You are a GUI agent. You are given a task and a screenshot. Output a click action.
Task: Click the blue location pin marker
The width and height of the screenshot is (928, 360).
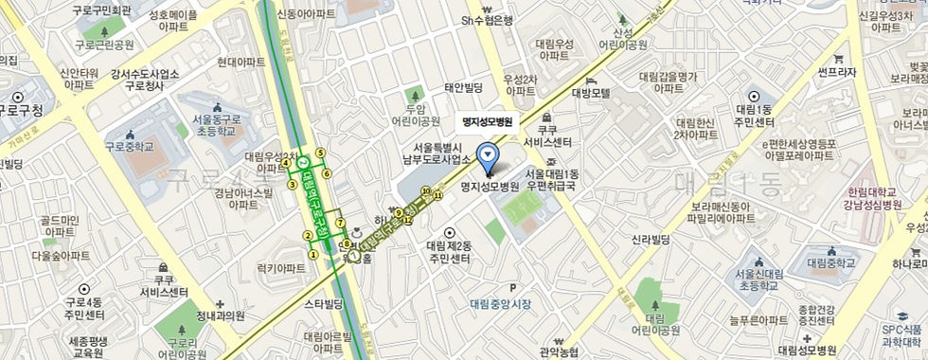pyautogui.click(x=489, y=153)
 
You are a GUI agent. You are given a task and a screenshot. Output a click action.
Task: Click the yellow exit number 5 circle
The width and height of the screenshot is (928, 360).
pyautogui.click(x=320, y=153)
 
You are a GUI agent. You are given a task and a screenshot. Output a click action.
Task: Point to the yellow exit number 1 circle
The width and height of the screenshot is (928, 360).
pyautogui.click(x=313, y=254)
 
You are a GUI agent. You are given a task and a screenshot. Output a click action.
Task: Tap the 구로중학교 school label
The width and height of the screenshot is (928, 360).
pyautogui.click(x=128, y=147)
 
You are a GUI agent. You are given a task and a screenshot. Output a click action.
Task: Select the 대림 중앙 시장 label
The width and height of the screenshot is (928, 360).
pyautogui.click(x=500, y=304)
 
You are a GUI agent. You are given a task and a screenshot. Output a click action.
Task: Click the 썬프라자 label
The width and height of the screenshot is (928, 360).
pyautogui.click(x=837, y=72)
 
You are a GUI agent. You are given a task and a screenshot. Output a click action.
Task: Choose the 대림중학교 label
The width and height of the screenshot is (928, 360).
pyautogui.click(x=830, y=262)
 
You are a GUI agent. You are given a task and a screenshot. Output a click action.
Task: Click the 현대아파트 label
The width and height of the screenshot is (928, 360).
pyautogui.click(x=241, y=62)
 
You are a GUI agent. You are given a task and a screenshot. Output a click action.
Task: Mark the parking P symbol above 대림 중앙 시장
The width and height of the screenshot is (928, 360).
pyautogui.click(x=513, y=288)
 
